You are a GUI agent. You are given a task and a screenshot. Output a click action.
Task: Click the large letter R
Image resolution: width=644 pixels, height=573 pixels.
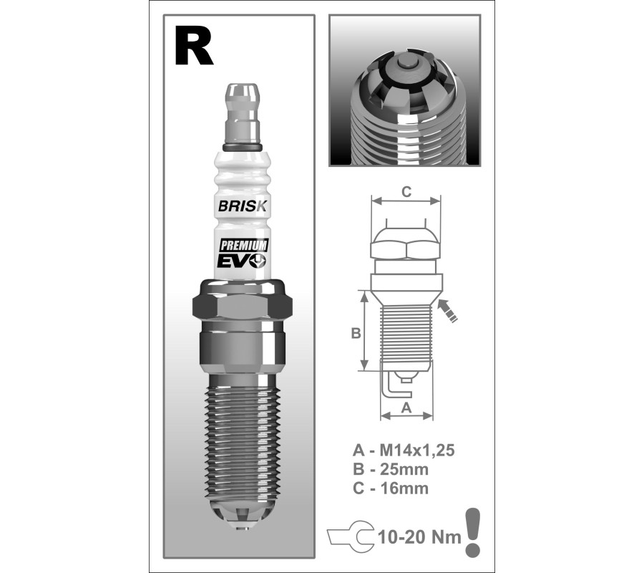(x=193, y=46)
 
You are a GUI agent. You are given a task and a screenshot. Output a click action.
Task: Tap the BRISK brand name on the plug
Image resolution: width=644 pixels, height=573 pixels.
(x=243, y=206)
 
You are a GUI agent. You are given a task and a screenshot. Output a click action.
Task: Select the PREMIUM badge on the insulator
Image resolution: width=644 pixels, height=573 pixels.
(x=243, y=246)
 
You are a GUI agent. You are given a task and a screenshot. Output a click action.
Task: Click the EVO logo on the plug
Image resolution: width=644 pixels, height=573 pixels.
(x=242, y=261)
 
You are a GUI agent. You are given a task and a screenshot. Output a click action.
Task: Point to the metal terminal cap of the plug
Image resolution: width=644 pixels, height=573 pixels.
(x=243, y=116)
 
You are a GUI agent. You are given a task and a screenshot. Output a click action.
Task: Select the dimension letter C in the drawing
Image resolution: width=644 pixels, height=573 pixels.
(x=406, y=192)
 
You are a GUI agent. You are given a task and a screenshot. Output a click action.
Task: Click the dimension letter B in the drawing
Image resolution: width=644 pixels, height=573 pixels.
(x=356, y=333)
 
